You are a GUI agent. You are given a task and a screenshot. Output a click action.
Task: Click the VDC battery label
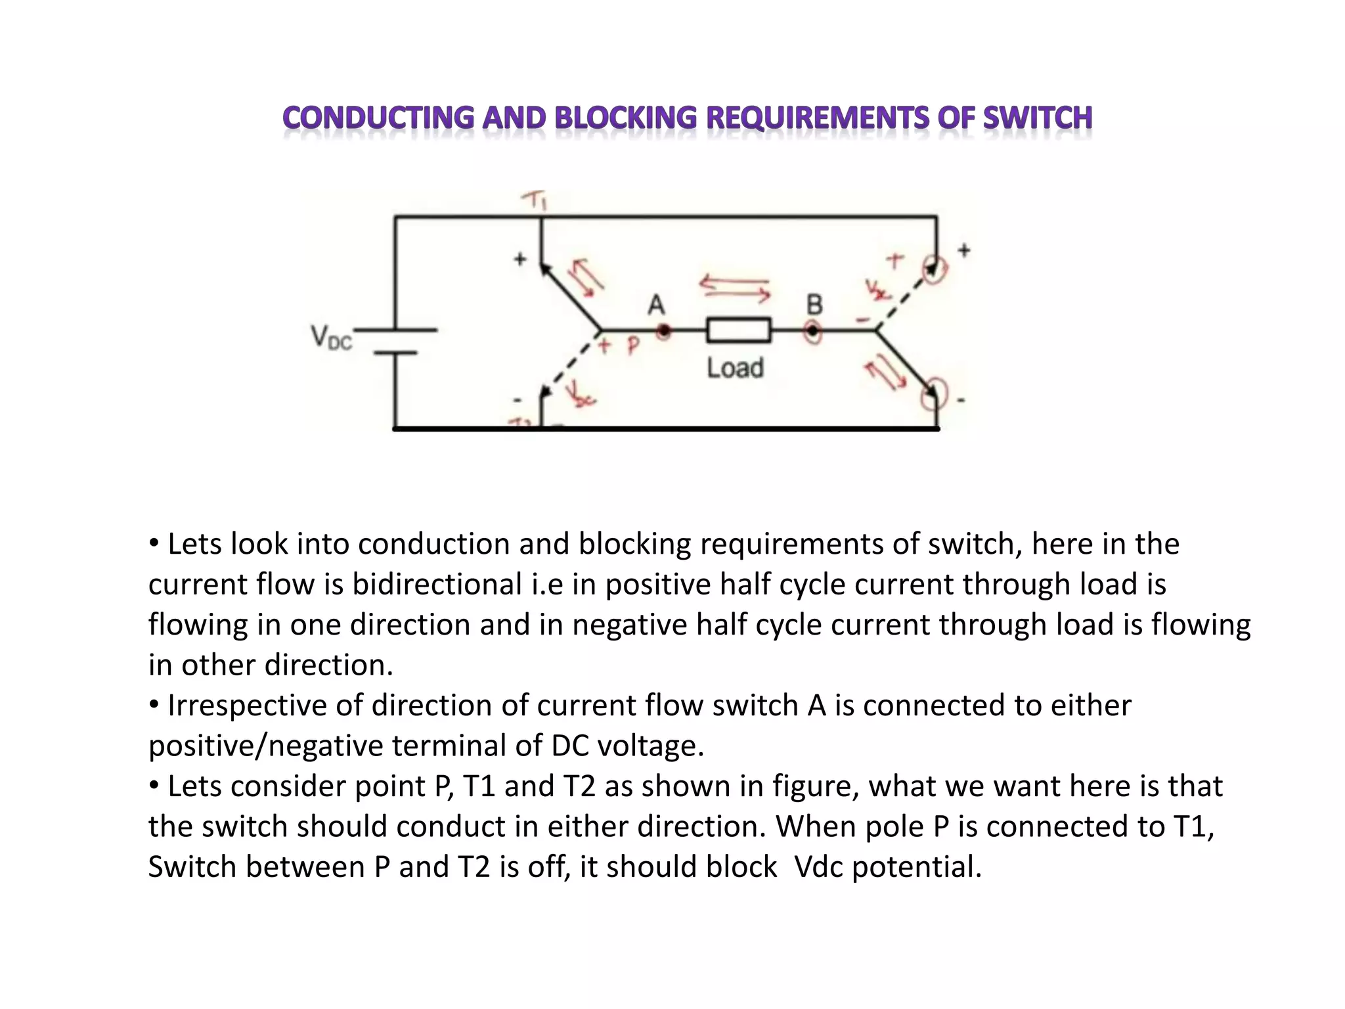(x=331, y=338)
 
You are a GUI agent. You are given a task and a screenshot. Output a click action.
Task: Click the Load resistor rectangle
(x=738, y=330)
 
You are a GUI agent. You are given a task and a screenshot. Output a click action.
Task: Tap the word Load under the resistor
(x=735, y=368)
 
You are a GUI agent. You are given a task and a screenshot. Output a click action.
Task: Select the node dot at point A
(x=664, y=331)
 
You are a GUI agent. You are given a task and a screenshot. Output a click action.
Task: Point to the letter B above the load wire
(x=814, y=305)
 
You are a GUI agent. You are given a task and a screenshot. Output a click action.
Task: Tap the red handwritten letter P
(x=632, y=346)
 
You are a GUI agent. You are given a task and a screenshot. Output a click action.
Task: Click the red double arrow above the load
(x=734, y=288)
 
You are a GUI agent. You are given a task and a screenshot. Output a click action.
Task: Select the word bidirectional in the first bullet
(x=437, y=585)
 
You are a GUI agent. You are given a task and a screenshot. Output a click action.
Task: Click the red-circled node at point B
(x=813, y=331)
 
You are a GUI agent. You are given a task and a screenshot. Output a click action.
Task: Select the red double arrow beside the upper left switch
(x=586, y=277)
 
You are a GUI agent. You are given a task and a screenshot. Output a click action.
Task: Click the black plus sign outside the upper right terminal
(x=963, y=250)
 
